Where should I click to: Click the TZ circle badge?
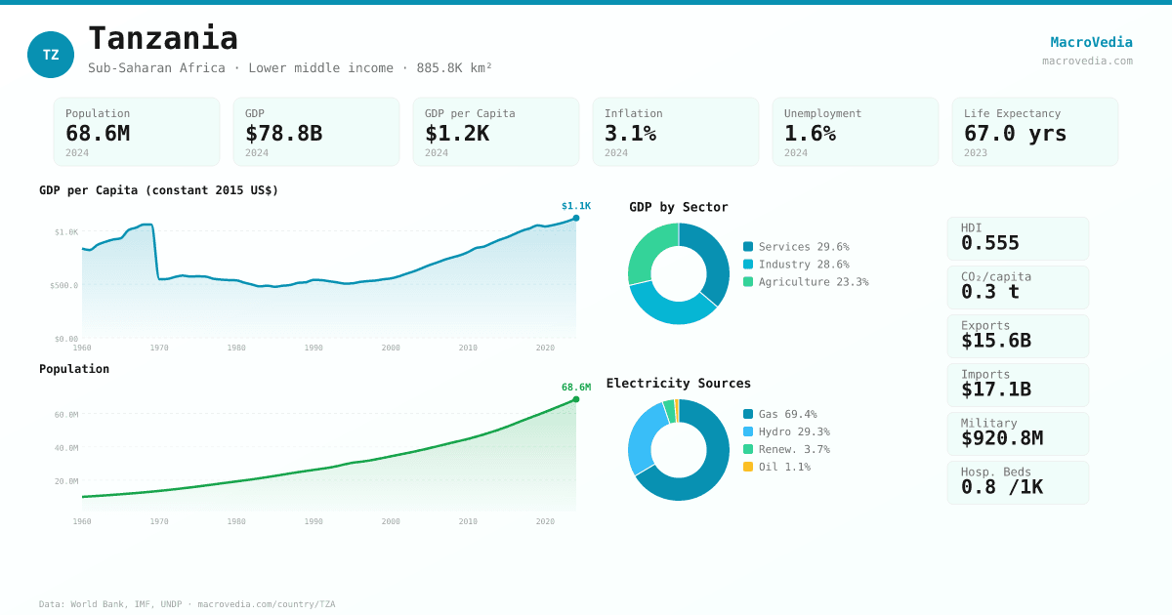pos(51,55)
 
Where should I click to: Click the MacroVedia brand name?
pos(1091,42)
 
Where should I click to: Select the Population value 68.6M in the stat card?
pos(98,133)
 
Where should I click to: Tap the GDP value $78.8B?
pos(283,133)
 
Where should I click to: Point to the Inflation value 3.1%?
pos(630,133)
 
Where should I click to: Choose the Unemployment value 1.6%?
pos(810,133)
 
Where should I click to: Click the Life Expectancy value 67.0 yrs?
pos(1015,133)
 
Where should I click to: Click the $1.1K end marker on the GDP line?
pos(576,218)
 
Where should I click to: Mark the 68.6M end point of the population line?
pos(576,399)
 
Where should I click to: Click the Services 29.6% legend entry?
pos(796,247)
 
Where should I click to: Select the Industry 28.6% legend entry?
pos(796,265)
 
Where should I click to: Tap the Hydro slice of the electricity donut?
pos(644,436)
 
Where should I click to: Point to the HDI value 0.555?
pos(990,243)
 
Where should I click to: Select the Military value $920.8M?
pos(1001,438)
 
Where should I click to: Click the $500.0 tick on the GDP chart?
pos(64,285)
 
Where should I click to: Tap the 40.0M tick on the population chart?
pos(66,448)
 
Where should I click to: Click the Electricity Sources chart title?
pos(679,384)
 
